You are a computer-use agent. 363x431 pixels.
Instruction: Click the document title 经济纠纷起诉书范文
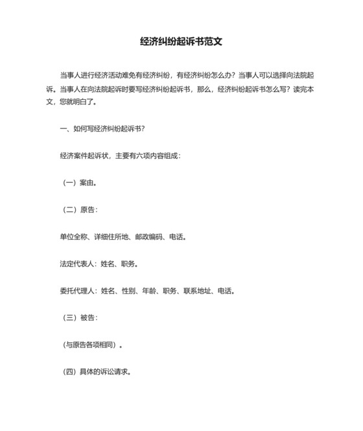[x=181, y=41]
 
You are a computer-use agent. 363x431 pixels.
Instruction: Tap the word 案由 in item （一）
[x=88, y=183]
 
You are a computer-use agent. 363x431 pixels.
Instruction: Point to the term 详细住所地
[x=111, y=237]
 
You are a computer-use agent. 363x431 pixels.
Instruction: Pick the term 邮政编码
[x=150, y=237]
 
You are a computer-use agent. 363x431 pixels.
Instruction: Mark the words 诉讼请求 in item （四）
[x=114, y=373]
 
